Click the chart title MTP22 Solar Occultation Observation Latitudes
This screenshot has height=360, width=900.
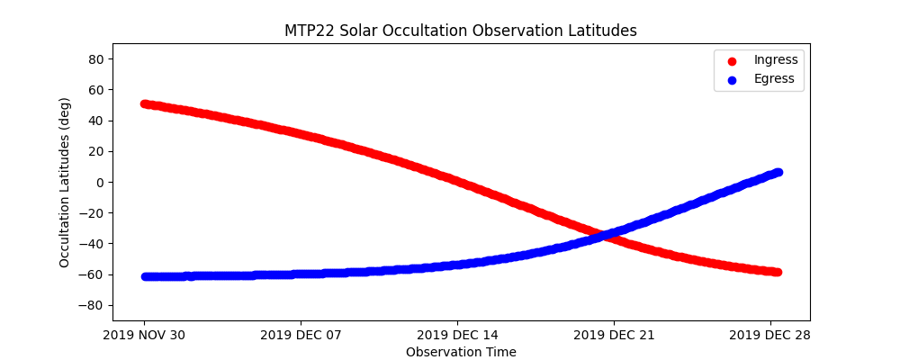[460, 31]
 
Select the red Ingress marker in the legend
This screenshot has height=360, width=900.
[731, 60]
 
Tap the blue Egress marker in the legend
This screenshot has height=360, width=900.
[731, 79]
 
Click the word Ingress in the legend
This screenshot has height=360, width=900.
[776, 60]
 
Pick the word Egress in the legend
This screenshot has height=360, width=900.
[774, 79]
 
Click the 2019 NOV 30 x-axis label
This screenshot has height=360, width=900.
[144, 336]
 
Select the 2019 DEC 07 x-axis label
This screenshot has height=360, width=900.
[301, 336]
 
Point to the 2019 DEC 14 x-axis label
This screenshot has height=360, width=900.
[457, 336]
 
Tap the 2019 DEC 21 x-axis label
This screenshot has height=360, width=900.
[614, 336]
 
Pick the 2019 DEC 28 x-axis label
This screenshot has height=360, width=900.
[770, 336]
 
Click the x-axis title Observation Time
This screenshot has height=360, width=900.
[461, 352]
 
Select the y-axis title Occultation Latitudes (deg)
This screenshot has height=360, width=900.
[65, 182]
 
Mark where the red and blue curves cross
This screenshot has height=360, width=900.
[603, 236]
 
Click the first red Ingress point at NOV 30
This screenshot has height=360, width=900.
[146, 104]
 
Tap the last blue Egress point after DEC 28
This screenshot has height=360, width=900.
[778, 172]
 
